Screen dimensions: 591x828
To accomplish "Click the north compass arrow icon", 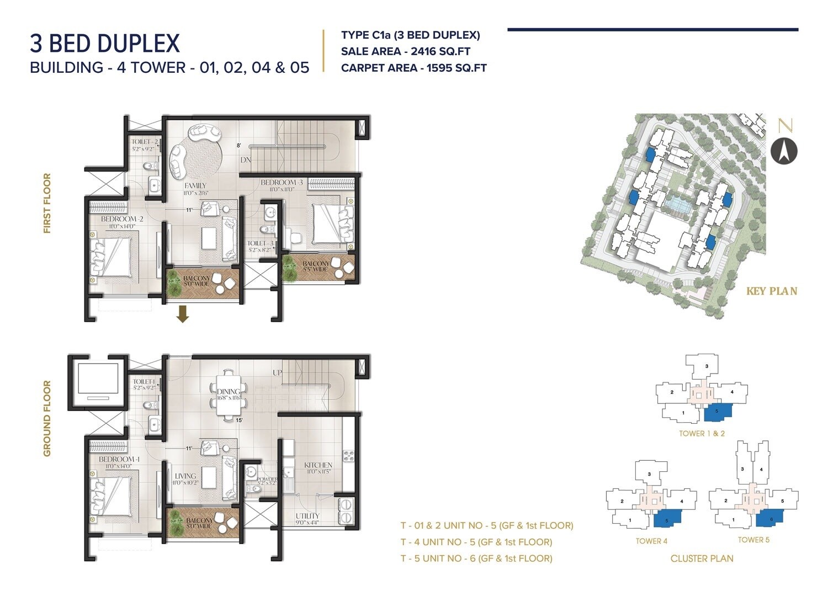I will click(x=784, y=150).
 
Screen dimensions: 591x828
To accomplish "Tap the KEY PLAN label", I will click(x=771, y=291).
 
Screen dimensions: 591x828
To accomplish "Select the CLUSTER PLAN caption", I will click(x=702, y=558).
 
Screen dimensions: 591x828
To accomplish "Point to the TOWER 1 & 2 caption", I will click(x=702, y=433).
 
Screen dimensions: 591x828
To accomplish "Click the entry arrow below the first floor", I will click(x=183, y=315).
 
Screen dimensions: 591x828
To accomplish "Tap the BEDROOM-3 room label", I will click(x=282, y=183).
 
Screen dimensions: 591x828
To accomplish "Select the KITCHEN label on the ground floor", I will click(x=318, y=465).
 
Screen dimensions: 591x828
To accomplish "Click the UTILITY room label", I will click(x=307, y=516).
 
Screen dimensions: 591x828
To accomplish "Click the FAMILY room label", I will click(x=195, y=186).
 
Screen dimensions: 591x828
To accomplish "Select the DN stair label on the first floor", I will click(x=246, y=160).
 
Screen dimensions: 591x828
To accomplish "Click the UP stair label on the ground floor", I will click(x=277, y=373).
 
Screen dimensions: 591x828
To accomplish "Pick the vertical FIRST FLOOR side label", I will click(x=47, y=203).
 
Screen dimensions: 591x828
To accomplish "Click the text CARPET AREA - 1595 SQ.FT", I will click(x=413, y=68).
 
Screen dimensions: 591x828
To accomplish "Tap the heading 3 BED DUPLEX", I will click(x=105, y=44).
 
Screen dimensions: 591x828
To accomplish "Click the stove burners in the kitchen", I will click(x=349, y=455).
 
